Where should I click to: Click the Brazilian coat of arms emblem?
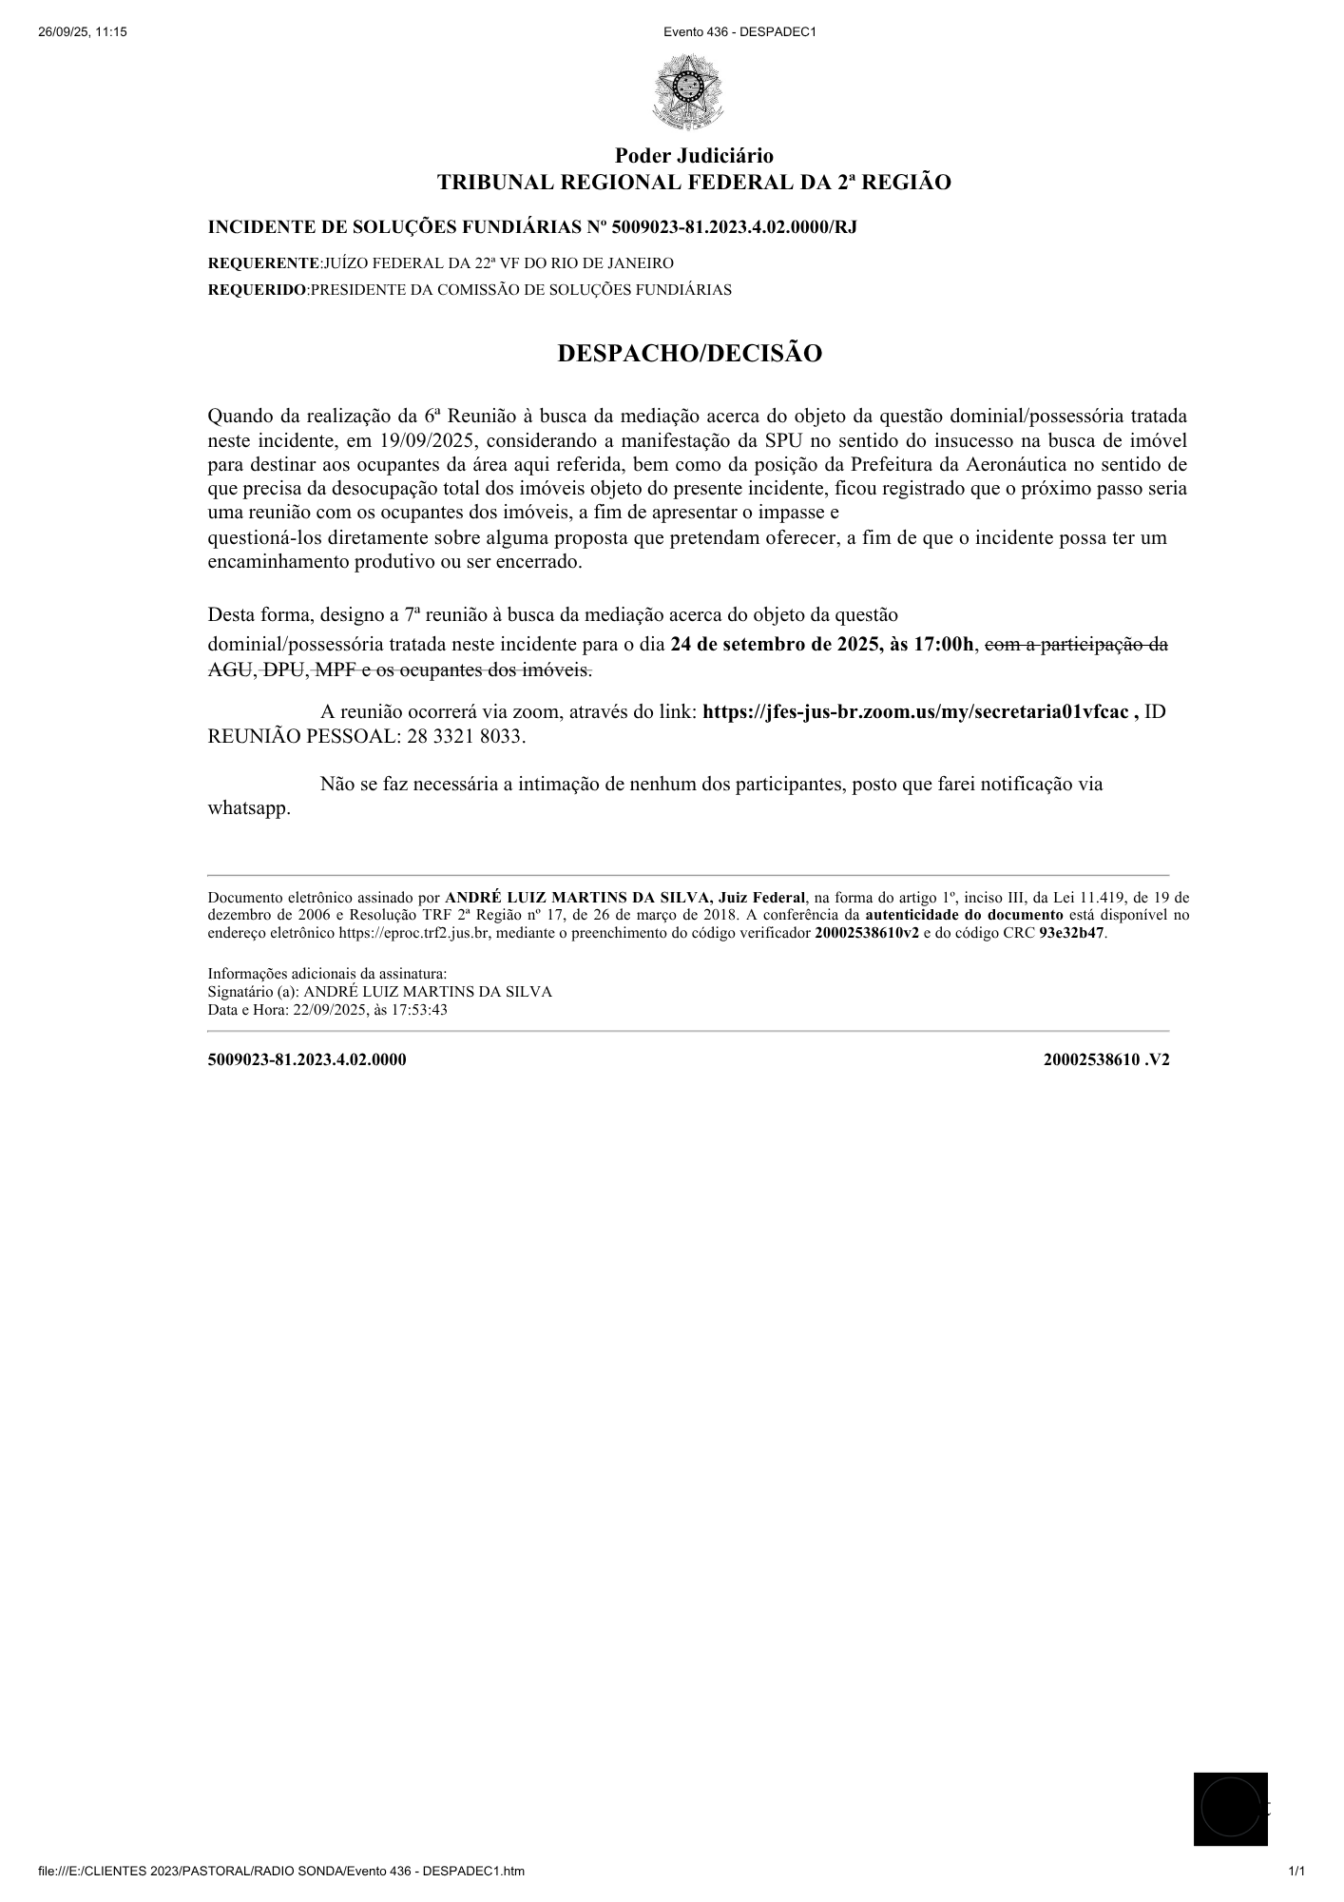(688, 92)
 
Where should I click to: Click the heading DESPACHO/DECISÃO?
(689, 354)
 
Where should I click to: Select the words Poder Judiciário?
(694, 156)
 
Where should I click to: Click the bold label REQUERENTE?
(263, 263)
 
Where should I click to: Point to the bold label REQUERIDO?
(257, 290)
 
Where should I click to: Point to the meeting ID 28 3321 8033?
(465, 737)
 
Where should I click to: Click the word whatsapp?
(248, 810)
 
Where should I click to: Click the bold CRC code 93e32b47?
(1072, 933)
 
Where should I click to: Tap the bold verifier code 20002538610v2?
(867, 933)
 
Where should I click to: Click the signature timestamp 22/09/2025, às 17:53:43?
(370, 1010)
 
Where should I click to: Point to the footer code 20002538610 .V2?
(1105, 1059)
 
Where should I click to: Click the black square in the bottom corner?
(1230, 1809)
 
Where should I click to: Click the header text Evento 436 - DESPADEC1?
(739, 32)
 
